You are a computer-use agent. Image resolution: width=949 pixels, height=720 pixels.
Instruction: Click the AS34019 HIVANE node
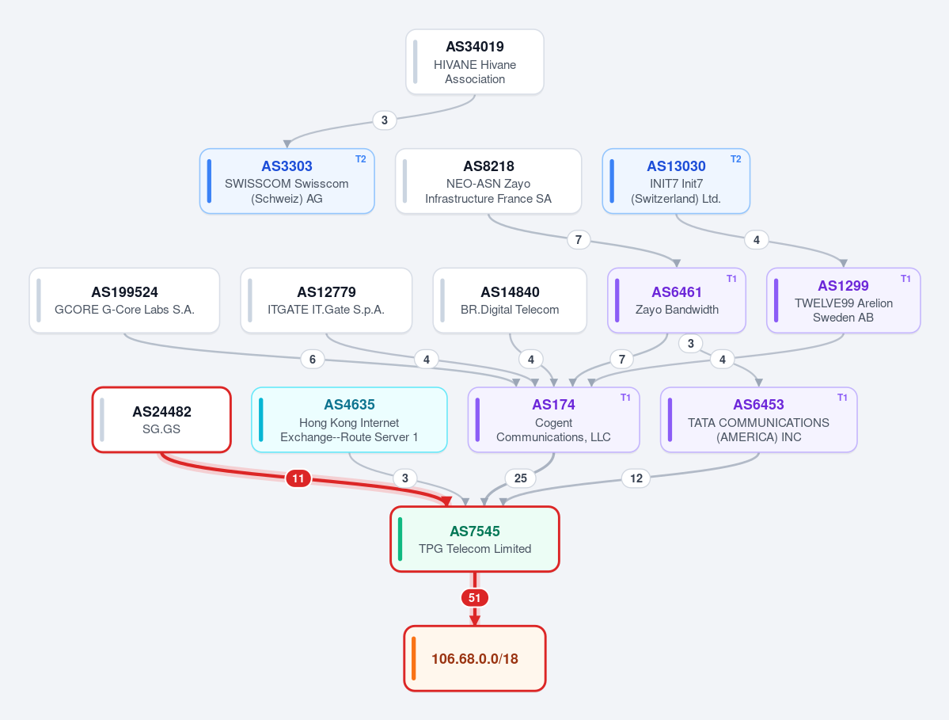[x=475, y=62]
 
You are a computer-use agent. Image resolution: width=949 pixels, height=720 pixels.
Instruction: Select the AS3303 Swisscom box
[x=287, y=181]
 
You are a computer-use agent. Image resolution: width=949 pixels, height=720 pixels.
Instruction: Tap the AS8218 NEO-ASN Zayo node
[x=488, y=181]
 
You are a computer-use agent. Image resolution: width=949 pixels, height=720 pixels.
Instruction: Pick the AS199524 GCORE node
[x=124, y=300]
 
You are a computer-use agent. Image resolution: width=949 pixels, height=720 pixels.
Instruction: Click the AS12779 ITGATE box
[x=326, y=300]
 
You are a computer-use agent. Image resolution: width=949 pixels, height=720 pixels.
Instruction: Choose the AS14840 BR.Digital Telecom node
[x=510, y=300]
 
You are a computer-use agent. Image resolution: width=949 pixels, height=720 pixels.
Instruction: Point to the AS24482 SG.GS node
[x=161, y=420]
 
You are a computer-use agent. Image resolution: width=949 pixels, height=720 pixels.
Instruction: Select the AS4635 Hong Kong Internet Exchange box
[x=349, y=420]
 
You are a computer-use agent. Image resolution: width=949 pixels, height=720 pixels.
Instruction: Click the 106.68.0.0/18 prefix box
[x=475, y=658]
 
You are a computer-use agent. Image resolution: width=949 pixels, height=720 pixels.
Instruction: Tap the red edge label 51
[x=475, y=598]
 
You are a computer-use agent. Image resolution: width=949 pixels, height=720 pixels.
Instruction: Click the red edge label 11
[x=298, y=479]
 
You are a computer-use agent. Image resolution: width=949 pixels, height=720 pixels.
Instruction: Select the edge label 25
[x=521, y=478]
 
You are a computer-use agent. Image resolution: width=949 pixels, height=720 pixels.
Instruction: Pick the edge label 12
[x=636, y=478]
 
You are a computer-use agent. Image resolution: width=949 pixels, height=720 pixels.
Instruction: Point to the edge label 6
[x=313, y=359]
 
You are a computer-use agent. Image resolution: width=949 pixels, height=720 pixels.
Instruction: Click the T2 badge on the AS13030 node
[x=735, y=159]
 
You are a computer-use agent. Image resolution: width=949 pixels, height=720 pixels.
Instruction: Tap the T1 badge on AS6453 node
[x=842, y=398]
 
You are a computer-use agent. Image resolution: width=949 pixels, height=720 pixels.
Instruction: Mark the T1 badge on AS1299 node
[x=905, y=279]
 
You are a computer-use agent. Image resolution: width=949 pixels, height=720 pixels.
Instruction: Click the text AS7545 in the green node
[x=475, y=531]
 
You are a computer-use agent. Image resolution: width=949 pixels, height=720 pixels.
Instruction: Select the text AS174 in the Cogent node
[x=553, y=405]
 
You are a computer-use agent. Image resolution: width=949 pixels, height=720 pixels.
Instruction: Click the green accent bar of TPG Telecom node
[x=400, y=539]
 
